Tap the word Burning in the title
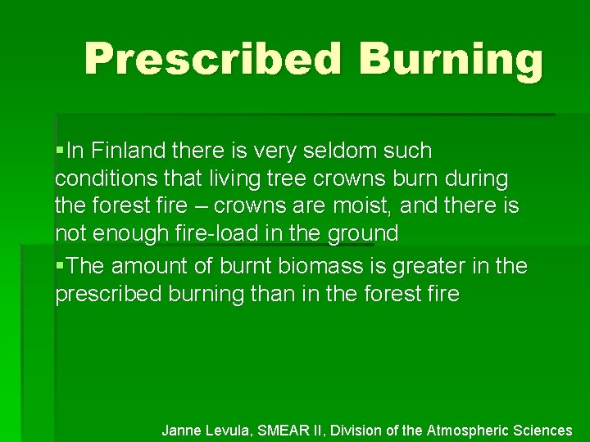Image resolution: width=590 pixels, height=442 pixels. (450, 60)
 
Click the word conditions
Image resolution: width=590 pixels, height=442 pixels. (103, 178)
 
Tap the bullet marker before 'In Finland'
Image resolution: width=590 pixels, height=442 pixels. (60, 151)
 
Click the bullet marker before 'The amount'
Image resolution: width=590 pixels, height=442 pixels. (60, 266)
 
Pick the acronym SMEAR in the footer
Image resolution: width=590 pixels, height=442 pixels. (282, 430)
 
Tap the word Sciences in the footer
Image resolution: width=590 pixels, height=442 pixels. (546, 430)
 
